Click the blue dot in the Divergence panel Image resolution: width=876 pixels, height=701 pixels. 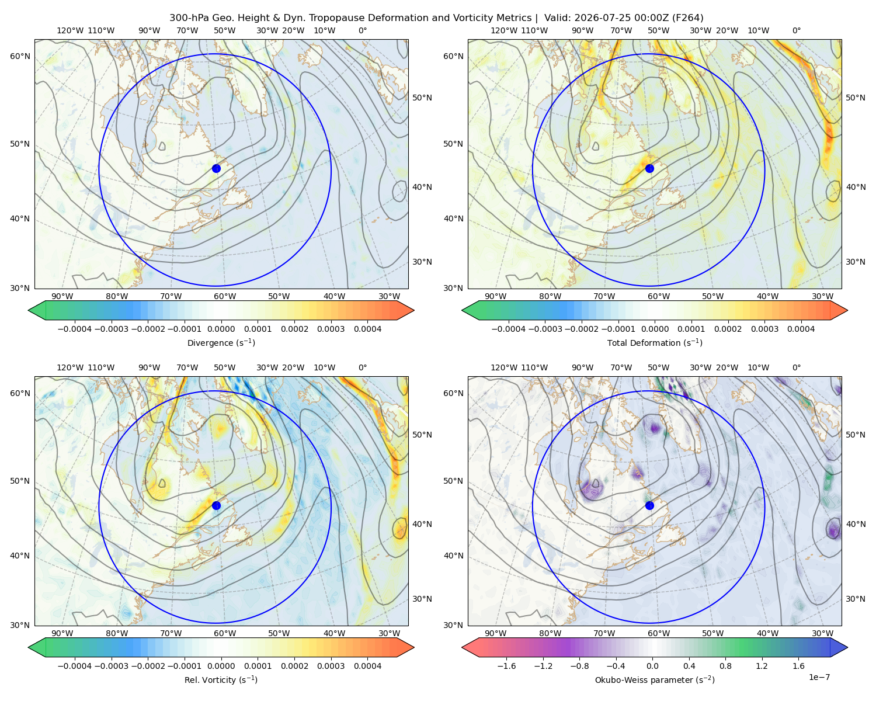pos(216,168)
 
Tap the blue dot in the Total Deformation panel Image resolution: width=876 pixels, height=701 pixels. pos(649,168)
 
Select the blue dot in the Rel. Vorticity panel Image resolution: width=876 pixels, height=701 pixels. pos(216,505)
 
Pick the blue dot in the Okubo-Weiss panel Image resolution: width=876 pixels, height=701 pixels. pos(649,505)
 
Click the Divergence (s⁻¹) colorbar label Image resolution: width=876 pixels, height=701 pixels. pos(221,342)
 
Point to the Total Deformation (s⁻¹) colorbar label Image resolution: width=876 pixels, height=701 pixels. pos(655,342)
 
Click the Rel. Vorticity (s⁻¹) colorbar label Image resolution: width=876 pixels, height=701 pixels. pos(221,679)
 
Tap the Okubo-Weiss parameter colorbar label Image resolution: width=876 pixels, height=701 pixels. pos(655,679)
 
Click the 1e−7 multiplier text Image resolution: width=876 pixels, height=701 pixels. pos(819,677)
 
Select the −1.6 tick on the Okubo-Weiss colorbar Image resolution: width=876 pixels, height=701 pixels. pos(507,665)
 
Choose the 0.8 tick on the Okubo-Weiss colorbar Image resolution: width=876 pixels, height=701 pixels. pos(725,665)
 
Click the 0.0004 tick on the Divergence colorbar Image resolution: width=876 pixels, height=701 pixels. pos(367,329)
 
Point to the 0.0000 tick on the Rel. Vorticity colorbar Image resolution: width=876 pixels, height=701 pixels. pos(221,665)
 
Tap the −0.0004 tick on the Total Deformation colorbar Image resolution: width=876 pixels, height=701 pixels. pos(509,329)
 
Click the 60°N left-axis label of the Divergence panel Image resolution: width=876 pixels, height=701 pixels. pos(20,56)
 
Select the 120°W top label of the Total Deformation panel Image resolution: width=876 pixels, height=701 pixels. pos(503,30)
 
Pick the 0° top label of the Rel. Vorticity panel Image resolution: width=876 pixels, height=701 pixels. pos(363,367)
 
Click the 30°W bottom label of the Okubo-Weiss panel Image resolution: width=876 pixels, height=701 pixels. pos(823,633)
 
